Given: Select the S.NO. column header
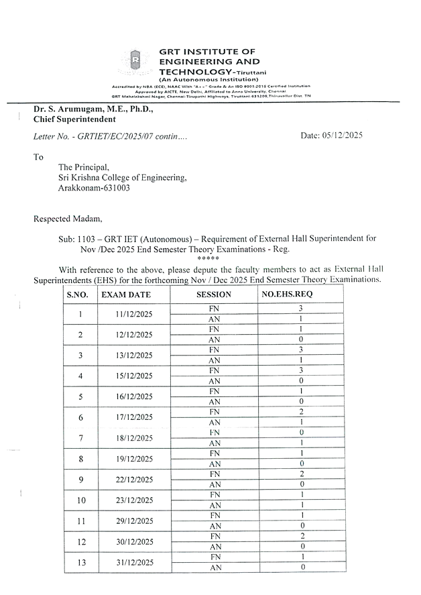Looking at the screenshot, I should point(80,294).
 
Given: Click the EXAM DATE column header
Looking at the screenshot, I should point(126,294).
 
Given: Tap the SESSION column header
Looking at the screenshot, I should point(214,294).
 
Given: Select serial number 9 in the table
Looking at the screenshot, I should point(80,479).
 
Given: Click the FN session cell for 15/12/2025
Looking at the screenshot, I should point(214,370).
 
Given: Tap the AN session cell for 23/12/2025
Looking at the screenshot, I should point(214,505).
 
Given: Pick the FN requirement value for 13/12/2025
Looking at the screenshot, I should point(301,349).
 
